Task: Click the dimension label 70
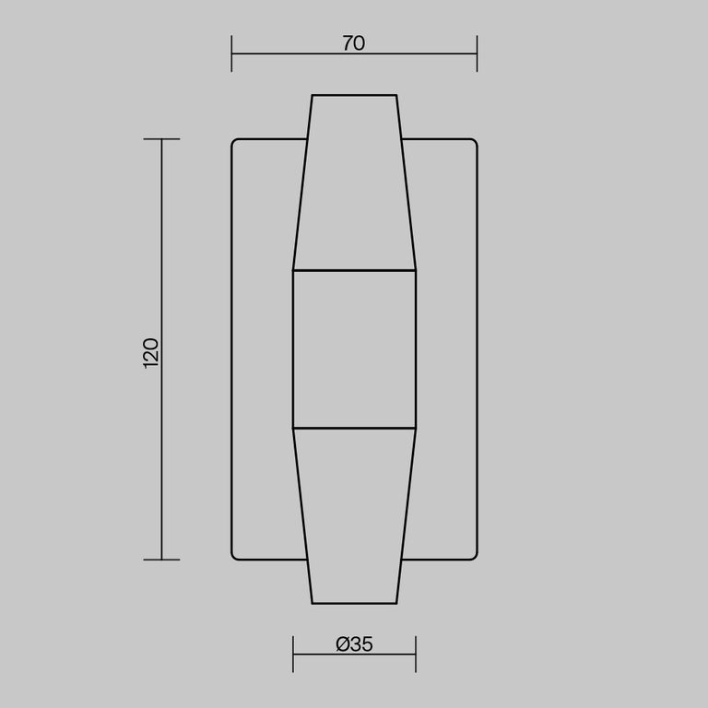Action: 354,43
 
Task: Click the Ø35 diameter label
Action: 354,645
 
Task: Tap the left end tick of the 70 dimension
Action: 231,53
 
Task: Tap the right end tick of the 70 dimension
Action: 477,53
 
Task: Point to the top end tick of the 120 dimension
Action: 162,139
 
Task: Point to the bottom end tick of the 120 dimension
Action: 162,560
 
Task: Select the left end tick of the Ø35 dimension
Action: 293,655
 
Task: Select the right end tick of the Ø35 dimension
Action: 416,655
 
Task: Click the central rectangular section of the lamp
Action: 354,349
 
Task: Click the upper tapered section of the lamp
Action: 354,184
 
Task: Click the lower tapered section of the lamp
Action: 354,516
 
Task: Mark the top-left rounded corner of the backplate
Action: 234,142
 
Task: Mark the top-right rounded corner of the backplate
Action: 474,142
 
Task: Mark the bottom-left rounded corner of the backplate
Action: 234,557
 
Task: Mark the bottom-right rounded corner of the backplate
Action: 474,557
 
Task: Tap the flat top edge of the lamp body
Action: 354,95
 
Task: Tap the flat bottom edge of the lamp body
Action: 354,604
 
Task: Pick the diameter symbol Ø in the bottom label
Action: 342,645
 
